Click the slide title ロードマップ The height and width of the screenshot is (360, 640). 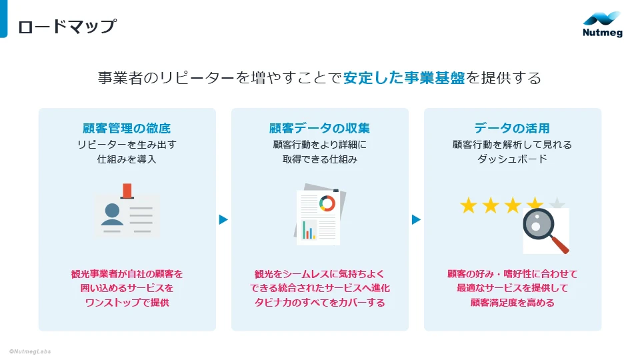67,27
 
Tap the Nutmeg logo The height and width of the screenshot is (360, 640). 602,25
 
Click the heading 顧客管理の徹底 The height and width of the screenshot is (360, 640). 127,128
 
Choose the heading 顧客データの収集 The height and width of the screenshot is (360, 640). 319,128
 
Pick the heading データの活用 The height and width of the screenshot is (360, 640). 512,128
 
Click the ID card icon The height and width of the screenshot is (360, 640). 127,215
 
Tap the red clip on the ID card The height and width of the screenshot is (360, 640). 127,191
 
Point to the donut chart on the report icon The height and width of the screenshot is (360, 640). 327,203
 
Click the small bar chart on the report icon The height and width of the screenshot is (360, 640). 309,229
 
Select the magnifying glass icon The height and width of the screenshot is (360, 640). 544,228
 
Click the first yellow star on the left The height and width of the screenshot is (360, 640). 469,205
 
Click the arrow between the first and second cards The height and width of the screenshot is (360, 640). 223,219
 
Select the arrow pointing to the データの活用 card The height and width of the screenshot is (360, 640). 416,219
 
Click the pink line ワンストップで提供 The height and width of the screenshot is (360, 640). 127,303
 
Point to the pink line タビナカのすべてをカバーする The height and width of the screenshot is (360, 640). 319,303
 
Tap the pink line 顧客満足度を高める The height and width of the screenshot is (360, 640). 512,303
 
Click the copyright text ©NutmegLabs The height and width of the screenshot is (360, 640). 30,351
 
